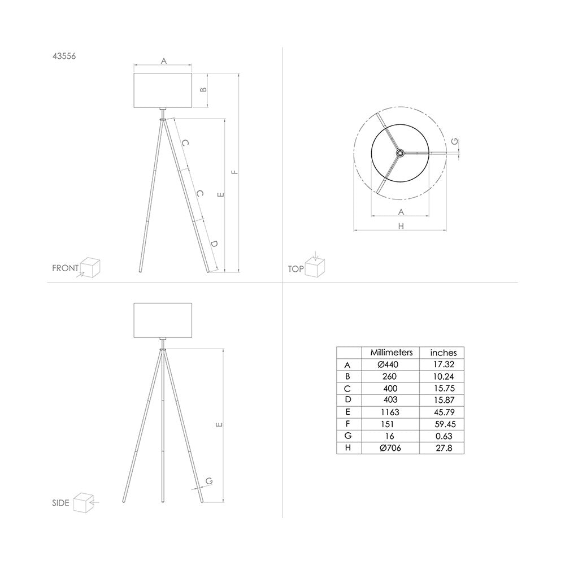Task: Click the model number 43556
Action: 64,56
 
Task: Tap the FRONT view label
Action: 65,268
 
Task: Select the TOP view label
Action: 296,269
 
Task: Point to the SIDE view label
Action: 60,503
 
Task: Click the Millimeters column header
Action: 392,353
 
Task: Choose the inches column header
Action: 443,353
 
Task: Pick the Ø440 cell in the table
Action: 388,364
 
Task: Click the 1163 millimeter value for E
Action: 389,412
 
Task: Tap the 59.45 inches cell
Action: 445,424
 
